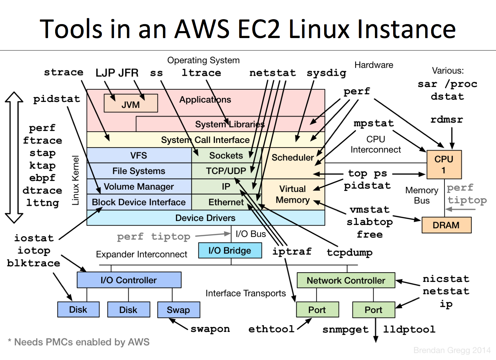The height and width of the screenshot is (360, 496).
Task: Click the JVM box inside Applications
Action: tap(131, 104)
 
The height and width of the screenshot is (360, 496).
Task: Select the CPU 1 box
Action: tap(444, 164)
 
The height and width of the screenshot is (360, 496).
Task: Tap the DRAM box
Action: tap(446, 225)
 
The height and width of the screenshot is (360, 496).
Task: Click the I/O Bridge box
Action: tap(230, 250)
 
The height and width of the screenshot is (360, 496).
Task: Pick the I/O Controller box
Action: tap(129, 280)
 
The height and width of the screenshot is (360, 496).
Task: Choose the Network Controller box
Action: tap(346, 281)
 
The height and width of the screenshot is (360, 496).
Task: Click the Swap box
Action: tap(178, 310)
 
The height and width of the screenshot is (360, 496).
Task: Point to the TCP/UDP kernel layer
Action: tap(226, 171)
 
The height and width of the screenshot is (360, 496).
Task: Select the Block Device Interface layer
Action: tap(139, 202)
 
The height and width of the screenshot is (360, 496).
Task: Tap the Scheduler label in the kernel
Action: tap(292, 157)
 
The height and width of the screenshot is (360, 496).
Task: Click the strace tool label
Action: tap(63, 72)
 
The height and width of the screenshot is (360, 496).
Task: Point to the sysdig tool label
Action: tap(326, 73)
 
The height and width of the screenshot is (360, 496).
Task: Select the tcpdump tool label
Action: tap(350, 252)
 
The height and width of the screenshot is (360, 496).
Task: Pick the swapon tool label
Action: tap(210, 329)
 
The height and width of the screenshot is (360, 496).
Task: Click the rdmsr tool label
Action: tap(446, 119)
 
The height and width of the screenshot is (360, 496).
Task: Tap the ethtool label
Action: tap(271, 329)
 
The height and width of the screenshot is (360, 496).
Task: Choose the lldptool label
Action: tap(409, 329)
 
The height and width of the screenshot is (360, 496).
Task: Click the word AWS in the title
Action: tap(202, 29)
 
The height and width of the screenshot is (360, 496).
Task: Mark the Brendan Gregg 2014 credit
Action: tap(452, 350)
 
